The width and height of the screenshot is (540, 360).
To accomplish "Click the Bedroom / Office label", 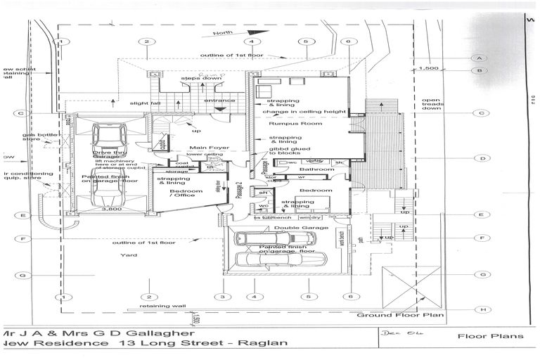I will pos(176,193).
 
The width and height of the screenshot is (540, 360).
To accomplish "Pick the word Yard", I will pos(128,255).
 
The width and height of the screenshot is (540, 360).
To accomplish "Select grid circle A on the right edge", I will pos(481,58).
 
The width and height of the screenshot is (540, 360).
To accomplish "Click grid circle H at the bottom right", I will pos(481,309).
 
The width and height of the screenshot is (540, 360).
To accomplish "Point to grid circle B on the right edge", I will pos(481,71).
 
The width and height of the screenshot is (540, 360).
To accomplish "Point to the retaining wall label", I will pos(162,307).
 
